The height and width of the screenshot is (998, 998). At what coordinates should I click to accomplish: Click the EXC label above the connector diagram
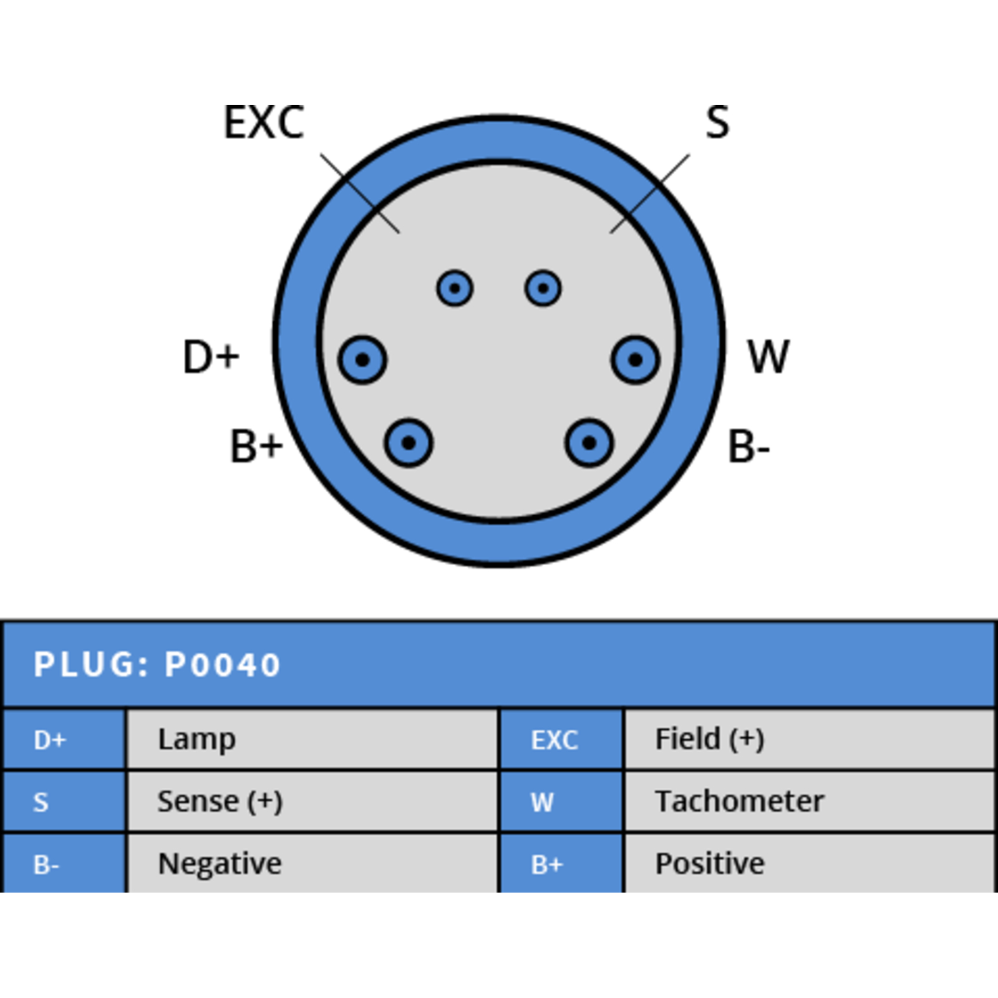pyautogui.click(x=264, y=122)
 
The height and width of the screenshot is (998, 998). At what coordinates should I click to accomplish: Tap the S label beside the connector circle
pyautogui.click(x=717, y=122)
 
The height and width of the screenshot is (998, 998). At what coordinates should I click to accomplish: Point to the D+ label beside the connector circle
pyautogui.click(x=211, y=357)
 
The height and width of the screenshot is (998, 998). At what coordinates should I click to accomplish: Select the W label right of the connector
pyautogui.click(x=768, y=357)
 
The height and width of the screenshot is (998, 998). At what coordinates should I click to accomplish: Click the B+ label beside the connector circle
pyautogui.click(x=256, y=447)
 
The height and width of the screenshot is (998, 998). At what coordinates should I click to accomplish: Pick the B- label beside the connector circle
pyautogui.click(x=748, y=447)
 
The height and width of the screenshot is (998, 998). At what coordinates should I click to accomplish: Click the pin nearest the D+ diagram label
pyautogui.click(x=362, y=360)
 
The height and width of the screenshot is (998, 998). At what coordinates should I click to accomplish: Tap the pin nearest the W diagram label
pyautogui.click(x=636, y=360)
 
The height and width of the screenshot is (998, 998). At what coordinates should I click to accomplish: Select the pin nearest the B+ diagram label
pyautogui.click(x=409, y=443)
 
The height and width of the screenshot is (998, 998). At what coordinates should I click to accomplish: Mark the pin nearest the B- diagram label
pyautogui.click(x=589, y=443)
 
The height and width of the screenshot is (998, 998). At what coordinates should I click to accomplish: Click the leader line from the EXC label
pyautogui.click(x=360, y=193)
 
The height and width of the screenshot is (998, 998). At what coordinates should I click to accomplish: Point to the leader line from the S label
pyautogui.click(x=650, y=193)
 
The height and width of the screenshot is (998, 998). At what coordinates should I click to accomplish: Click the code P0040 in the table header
pyautogui.click(x=223, y=665)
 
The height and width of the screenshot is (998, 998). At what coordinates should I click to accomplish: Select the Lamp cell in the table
pyautogui.click(x=312, y=739)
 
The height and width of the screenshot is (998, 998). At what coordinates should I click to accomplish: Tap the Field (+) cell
pyautogui.click(x=809, y=739)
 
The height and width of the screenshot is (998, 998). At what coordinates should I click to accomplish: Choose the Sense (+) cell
pyautogui.click(x=312, y=802)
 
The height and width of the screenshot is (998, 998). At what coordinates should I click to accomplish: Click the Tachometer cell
pyautogui.click(x=809, y=802)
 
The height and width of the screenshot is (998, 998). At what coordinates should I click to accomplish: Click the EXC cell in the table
pyautogui.click(x=561, y=739)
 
